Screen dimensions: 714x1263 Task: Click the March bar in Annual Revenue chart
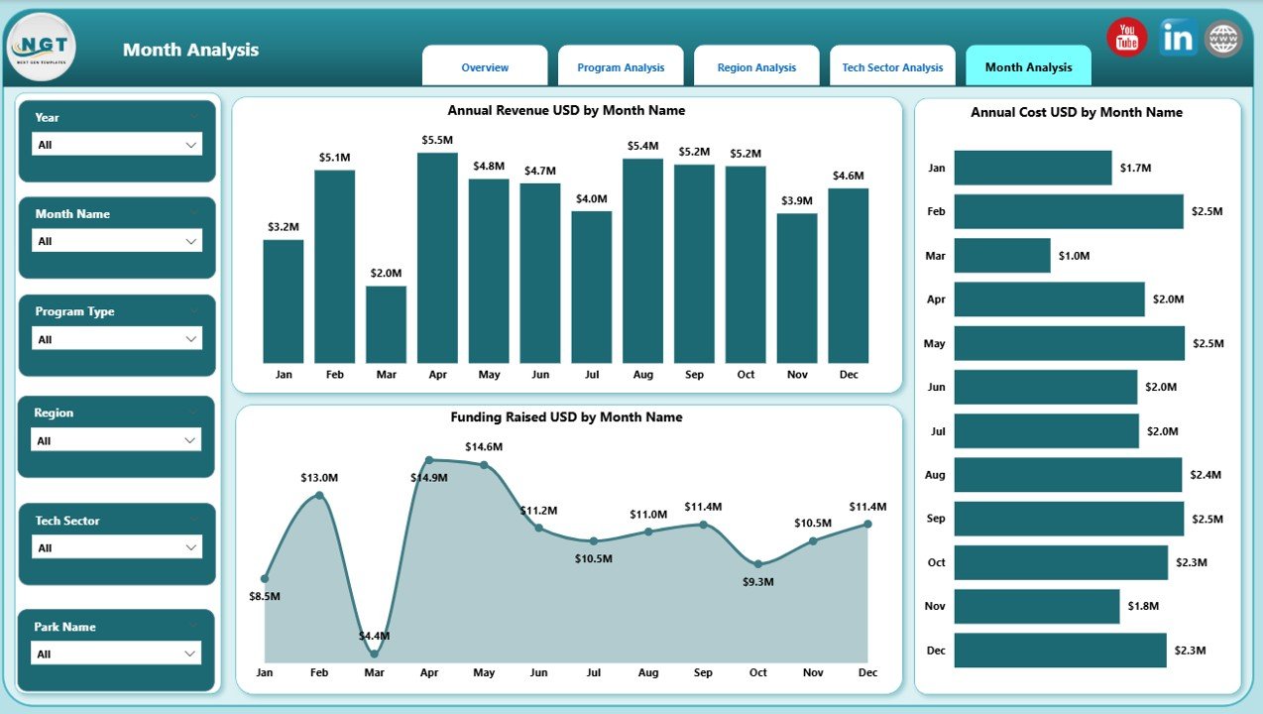(x=386, y=324)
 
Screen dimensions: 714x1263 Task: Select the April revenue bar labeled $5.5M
(x=437, y=258)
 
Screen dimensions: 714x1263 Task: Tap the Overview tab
(x=485, y=67)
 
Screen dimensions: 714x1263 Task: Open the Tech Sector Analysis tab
(x=892, y=67)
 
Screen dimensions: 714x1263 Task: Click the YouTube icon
(x=1126, y=38)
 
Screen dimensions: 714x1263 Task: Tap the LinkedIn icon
(x=1178, y=38)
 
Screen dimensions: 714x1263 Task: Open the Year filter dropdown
(x=116, y=145)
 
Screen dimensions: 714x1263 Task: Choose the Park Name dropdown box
(x=116, y=654)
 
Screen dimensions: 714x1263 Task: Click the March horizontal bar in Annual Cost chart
(x=1001, y=255)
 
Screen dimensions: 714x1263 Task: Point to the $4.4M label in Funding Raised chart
(x=374, y=636)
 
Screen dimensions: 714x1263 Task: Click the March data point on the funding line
(x=374, y=654)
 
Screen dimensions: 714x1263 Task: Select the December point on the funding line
(x=867, y=524)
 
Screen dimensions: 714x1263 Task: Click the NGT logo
(x=41, y=47)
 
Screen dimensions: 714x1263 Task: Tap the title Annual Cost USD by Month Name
(x=1076, y=112)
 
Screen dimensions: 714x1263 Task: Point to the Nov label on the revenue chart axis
(x=797, y=375)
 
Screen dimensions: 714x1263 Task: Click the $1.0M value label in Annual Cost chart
(x=1074, y=256)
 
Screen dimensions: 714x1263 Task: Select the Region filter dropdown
(x=116, y=440)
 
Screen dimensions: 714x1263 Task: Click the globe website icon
(x=1222, y=39)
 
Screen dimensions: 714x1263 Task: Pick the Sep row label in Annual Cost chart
(x=935, y=519)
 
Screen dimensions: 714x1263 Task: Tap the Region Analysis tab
(x=756, y=67)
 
